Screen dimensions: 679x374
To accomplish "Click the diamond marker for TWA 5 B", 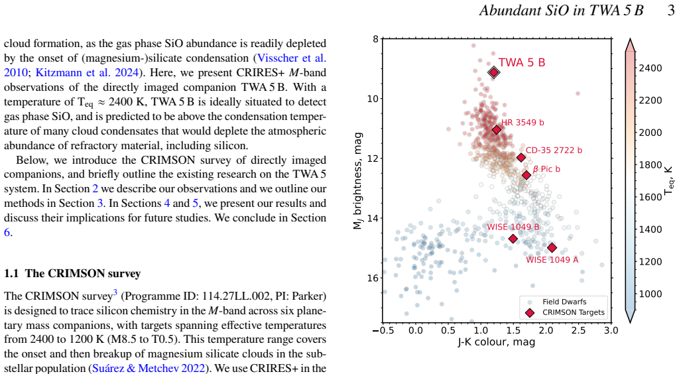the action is click(x=493, y=72).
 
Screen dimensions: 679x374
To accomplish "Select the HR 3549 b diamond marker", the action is click(x=497, y=129).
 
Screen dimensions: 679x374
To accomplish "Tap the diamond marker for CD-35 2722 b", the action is click(x=521, y=158).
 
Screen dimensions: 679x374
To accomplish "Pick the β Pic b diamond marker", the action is click(x=526, y=175).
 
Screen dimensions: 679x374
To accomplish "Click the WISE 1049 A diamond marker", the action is click(x=552, y=247).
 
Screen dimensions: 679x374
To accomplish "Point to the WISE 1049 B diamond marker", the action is click(x=513, y=239).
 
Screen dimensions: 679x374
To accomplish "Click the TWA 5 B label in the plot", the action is click(x=522, y=63).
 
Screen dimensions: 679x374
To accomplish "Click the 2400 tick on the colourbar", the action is click(x=650, y=68).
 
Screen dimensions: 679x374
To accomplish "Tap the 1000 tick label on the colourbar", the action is click(x=650, y=294).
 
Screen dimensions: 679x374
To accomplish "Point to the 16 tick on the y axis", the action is click(x=373, y=278).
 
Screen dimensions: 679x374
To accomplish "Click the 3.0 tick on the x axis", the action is click(x=611, y=331).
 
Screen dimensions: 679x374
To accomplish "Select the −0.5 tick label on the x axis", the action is click(x=383, y=331).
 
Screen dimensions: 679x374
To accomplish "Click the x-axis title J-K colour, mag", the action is click(x=497, y=342).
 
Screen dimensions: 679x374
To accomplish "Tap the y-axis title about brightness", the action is click(x=357, y=181).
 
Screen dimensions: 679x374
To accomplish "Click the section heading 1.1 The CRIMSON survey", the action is click(x=72, y=274).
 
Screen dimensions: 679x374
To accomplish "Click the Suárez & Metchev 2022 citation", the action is click(x=149, y=369).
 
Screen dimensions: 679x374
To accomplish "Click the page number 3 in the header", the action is click(x=671, y=11).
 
